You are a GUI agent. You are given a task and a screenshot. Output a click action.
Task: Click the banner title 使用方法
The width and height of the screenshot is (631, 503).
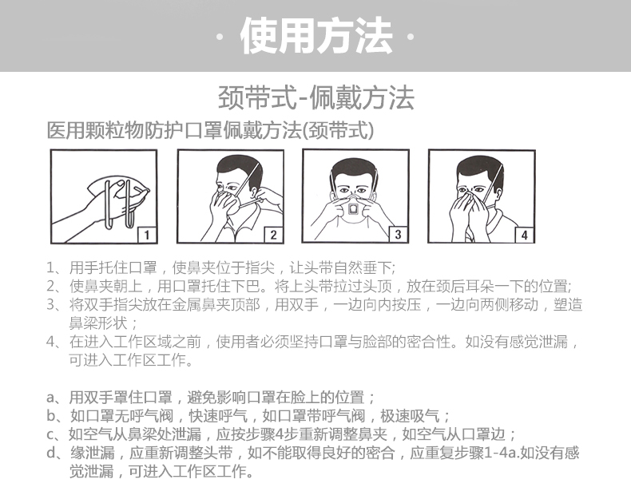[x=316, y=35]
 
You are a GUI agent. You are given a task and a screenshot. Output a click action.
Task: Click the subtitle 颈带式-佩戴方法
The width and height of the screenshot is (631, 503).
[x=316, y=97]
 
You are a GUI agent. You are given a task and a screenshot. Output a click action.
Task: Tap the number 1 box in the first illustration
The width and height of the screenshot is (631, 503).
[x=146, y=235]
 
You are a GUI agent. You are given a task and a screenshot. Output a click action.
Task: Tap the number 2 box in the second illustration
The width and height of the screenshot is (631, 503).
[x=273, y=235]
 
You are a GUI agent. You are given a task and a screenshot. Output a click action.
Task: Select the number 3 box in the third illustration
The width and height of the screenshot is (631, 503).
[x=398, y=234]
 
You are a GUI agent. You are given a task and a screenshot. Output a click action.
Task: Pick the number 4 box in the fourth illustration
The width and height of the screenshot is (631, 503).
[x=524, y=235]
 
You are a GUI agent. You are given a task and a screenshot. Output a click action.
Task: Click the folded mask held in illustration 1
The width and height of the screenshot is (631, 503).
[x=119, y=193]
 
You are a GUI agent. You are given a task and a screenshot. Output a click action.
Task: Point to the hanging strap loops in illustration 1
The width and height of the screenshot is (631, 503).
[x=120, y=205]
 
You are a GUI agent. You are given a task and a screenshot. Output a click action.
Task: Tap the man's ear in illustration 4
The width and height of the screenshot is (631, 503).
[x=499, y=194]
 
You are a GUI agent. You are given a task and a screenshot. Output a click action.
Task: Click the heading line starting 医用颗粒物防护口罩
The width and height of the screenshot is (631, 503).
[x=211, y=130]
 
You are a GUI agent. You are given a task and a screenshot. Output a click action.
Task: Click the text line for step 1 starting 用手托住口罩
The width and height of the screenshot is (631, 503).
[x=232, y=267]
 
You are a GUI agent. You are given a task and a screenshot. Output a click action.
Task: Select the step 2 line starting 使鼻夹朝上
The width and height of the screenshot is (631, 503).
[x=320, y=286]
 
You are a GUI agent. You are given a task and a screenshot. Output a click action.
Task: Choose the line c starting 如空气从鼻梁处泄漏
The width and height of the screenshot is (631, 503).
[x=292, y=434]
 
